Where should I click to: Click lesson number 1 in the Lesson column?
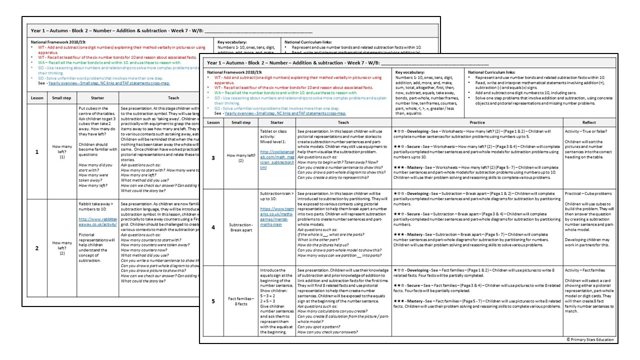click(37, 151)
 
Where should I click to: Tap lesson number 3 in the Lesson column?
click(213, 158)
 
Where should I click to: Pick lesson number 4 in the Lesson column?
click(213, 227)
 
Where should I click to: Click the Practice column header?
click(477, 122)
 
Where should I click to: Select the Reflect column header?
click(588, 122)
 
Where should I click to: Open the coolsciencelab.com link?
click(276, 160)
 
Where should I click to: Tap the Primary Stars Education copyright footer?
click(589, 339)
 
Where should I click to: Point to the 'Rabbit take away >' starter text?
click(97, 207)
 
